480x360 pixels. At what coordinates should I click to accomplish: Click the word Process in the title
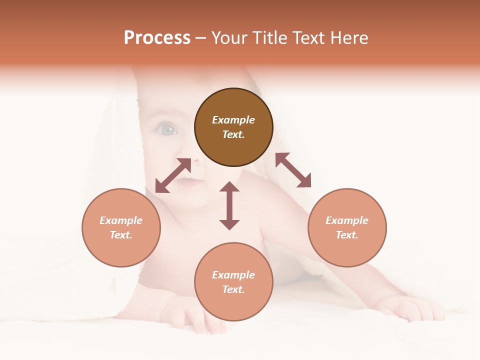[x=157, y=38]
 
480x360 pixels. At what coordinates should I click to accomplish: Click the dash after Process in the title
[x=200, y=38]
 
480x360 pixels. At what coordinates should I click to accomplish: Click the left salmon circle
[x=121, y=227]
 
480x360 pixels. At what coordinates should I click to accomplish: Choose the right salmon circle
[x=347, y=227]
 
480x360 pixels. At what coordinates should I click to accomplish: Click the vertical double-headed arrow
[x=229, y=206]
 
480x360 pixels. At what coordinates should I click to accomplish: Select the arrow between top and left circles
[x=173, y=175]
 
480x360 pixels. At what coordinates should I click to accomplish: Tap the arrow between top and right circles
[x=293, y=170]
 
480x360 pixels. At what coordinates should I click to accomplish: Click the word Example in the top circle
[x=233, y=120]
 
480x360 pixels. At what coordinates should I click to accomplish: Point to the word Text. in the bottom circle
[x=233, y=289]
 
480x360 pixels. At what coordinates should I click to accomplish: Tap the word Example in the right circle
[x=347, y=220]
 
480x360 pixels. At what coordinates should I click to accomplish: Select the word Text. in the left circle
[x=121, y=235]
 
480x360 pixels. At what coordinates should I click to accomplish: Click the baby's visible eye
[x=167, y=130]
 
